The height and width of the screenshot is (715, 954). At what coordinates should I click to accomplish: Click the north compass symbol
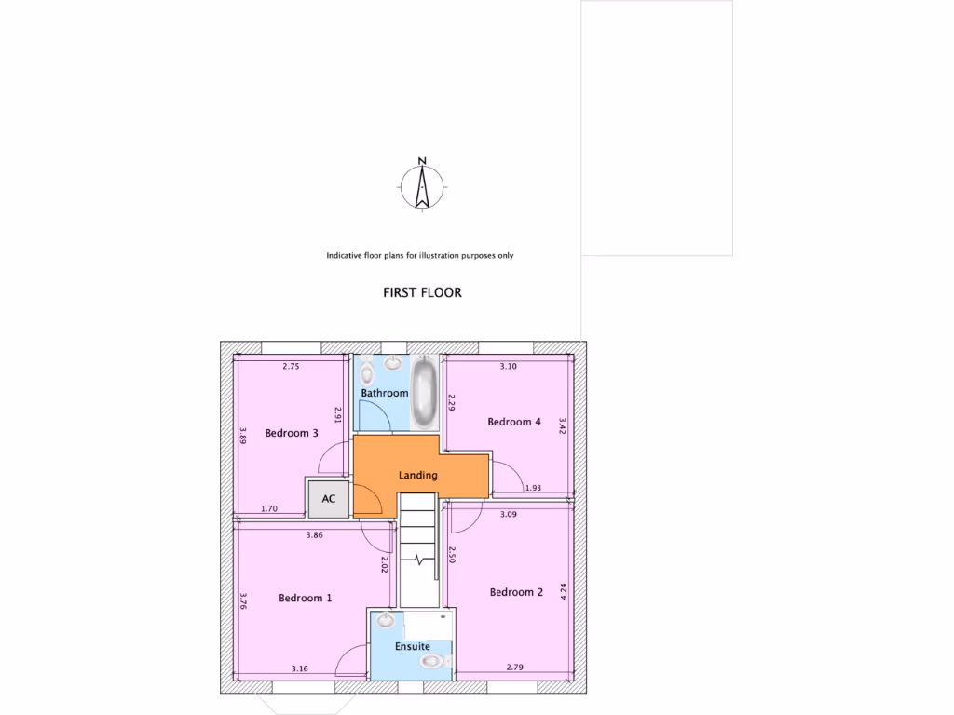coord(422,184)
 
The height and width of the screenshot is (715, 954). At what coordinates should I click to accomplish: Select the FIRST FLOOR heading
coord(422,292)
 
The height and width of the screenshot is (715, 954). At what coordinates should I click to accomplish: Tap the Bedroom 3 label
coord(292,433)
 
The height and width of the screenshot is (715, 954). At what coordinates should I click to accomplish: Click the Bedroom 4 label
coord(514,422)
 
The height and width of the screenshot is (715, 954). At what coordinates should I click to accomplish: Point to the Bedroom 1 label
coord(305,599)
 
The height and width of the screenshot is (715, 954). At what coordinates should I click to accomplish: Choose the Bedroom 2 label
coord(516,592)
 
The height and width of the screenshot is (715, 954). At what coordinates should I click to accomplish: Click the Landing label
coord(417,476)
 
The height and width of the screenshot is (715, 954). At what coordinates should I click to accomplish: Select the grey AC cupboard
coord(329,499)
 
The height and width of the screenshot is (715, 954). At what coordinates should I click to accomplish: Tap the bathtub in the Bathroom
coord(427,391)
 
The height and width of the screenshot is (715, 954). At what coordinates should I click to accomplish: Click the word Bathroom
coord(385,393)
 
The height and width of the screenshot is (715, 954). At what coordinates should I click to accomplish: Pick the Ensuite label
coord(413,645)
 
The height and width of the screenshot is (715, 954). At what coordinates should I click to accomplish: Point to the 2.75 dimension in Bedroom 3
coord(291,367)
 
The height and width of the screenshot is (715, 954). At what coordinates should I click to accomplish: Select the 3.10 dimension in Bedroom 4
coord(508,367)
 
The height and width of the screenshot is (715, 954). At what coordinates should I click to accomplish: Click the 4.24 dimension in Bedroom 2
coord(563,591)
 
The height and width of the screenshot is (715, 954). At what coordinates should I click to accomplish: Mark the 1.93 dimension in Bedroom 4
coord(533,488)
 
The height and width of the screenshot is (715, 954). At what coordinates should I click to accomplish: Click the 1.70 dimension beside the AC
coord(270,508)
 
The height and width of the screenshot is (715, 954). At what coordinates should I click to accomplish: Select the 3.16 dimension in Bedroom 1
coord(300,668)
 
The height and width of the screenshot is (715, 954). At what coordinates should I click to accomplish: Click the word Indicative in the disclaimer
coord(347,255)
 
